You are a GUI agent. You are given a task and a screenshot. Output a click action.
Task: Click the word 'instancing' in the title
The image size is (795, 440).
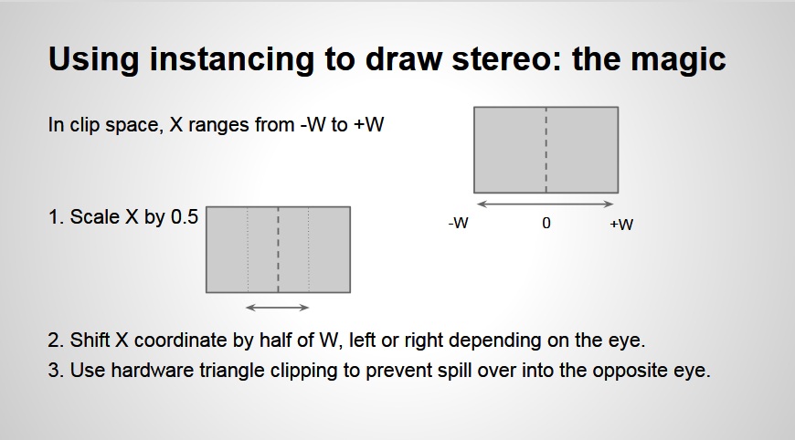pyautogui.click(x=231, y=59)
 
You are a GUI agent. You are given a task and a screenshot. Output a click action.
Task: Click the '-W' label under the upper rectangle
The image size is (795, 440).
pyautogui.click(x=459, y=223)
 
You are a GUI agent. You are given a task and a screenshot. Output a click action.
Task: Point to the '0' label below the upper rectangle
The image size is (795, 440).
pyautogui.click(x=546, y=223)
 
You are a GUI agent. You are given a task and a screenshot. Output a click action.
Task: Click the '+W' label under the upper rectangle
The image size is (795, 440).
pyautogui.click(x=621, y=224)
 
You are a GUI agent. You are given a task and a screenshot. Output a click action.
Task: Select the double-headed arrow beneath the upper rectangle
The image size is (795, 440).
pyautogui.click(x=546, y=204)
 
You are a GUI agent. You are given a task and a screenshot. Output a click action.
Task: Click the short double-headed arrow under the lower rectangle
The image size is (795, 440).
pyautogui.click(x=278, y=308)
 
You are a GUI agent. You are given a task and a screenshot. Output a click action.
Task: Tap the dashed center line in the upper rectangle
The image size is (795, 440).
pyautogui.click(x=546, y=150)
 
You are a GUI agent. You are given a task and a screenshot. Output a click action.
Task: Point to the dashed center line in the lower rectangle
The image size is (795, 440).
pyautogui.click(x=278, y=249)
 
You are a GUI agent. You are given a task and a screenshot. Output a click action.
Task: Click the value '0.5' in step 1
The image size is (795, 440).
pyautogui.click(x=185, y=216)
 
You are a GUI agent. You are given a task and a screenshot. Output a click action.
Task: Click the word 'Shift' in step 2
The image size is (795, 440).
pyautogui.click(x=90, y=340)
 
